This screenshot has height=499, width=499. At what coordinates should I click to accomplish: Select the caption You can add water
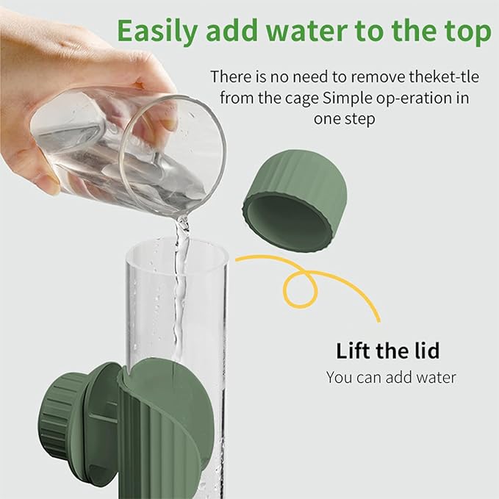pos(391,378)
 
